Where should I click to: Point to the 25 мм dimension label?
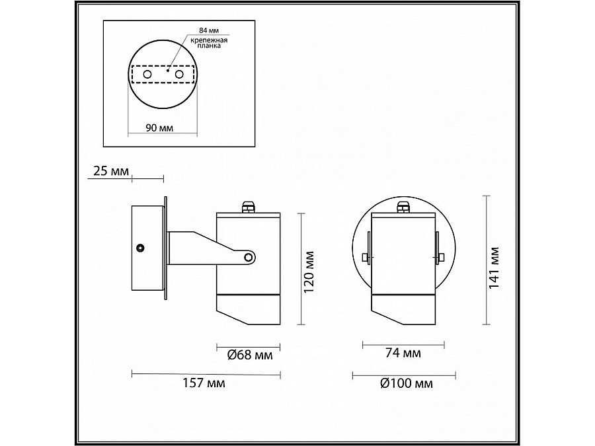tap(110, 172)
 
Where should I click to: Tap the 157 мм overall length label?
tap(204, 383)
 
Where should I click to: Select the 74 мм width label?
tap(403, 353)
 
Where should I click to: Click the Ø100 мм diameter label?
tap(407, 383)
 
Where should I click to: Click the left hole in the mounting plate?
tap(147, 75)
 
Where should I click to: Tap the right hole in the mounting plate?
tap(178, 75)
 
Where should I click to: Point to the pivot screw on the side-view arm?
tap(248, 256)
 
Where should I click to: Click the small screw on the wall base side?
tap(140, 248)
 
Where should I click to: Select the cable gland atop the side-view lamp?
tap(249, 207)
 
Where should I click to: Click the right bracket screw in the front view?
tap(439, 256)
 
